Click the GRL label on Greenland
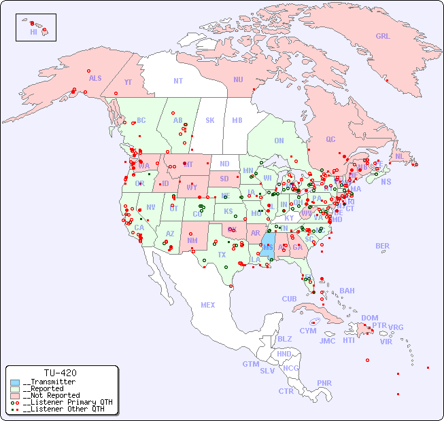tap(383, 37)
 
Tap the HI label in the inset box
tap(33, 32)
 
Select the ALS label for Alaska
tap(95, 78)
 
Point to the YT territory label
tap(128, 82)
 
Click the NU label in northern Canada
tap(238, 79)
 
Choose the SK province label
tap(210, 121)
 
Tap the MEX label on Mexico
tap(208, 305)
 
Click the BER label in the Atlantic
tap(383, 246)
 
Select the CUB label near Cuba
tap(290, 299)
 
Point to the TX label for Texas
tap(222, 255)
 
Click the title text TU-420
tap(60, 373)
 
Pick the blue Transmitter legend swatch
tap(15, 382)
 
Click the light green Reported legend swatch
tap(15, 389)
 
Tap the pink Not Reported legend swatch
tap(15, 395)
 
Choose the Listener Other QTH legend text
tap(65, 409)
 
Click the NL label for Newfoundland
tap(400, 155)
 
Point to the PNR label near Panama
tap(324, 383)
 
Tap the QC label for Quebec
tap(330, 139)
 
